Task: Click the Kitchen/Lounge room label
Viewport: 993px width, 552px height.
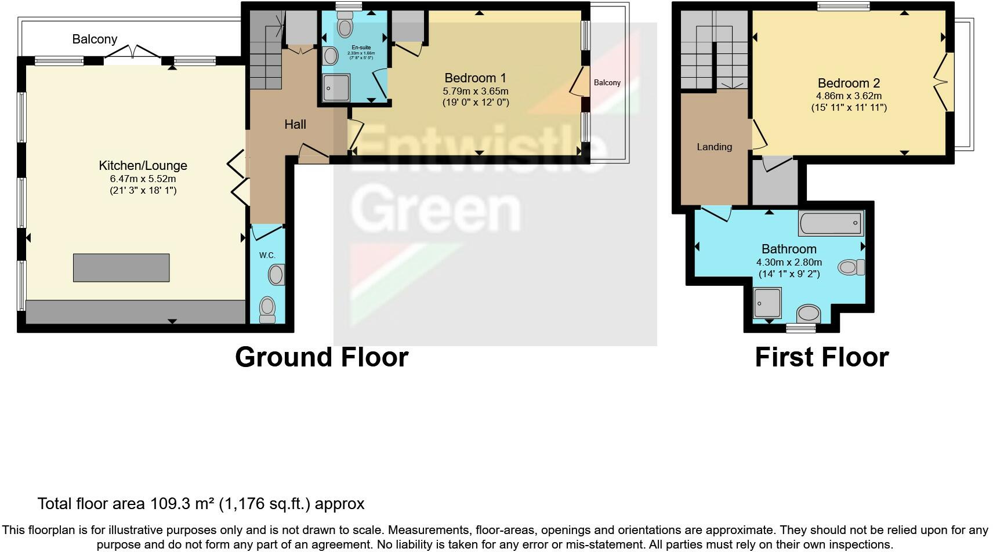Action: coord(143,166)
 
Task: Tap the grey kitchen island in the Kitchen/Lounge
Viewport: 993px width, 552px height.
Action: coord(121,268)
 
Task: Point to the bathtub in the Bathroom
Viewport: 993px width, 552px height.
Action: coord(831,223)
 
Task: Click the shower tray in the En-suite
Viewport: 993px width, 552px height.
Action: coord(336,88)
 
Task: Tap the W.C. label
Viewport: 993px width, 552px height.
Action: coord(267,255)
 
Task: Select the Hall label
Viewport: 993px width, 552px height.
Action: coord(295,124)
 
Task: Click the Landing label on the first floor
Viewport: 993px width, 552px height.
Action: coord(714,147)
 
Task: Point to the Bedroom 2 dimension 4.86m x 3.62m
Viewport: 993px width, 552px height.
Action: coord(849,96)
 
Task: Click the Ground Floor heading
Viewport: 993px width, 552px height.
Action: coord(321,357)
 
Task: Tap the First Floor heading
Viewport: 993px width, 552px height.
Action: coord(821,357)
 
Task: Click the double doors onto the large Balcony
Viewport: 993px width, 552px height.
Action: coord(133,53)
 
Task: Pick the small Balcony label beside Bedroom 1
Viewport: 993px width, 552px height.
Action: coord(607,82)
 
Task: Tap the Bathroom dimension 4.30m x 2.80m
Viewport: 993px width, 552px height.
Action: coord(789,262)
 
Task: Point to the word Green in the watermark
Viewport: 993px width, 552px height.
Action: coord(435,210)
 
